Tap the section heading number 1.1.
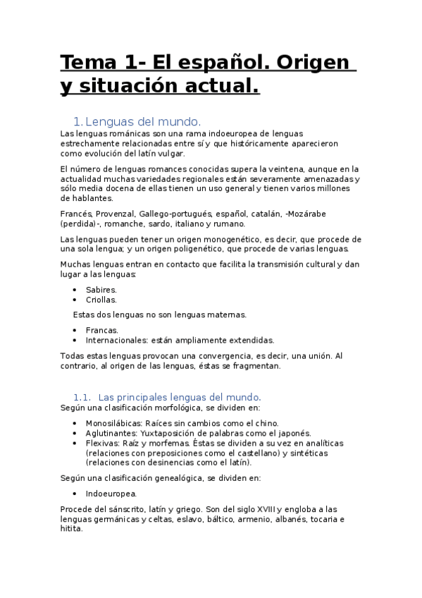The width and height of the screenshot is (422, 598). (82, 397)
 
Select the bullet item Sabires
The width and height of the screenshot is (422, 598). (101, 289)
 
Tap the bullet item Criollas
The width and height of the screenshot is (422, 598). (101, 299)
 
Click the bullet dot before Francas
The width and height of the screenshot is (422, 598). (76, 329)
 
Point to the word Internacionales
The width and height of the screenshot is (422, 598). (116, 339)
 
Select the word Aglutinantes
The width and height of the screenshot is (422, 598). (111, 432)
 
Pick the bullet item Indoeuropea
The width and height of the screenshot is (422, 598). (111, 494)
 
